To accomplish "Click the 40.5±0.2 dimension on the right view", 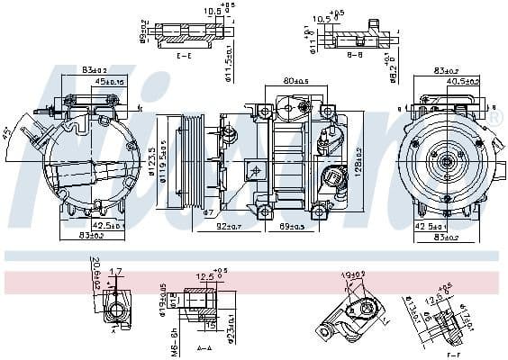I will (463, 82).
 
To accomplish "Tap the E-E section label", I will (184, 56).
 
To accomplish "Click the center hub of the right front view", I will (446, 163).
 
